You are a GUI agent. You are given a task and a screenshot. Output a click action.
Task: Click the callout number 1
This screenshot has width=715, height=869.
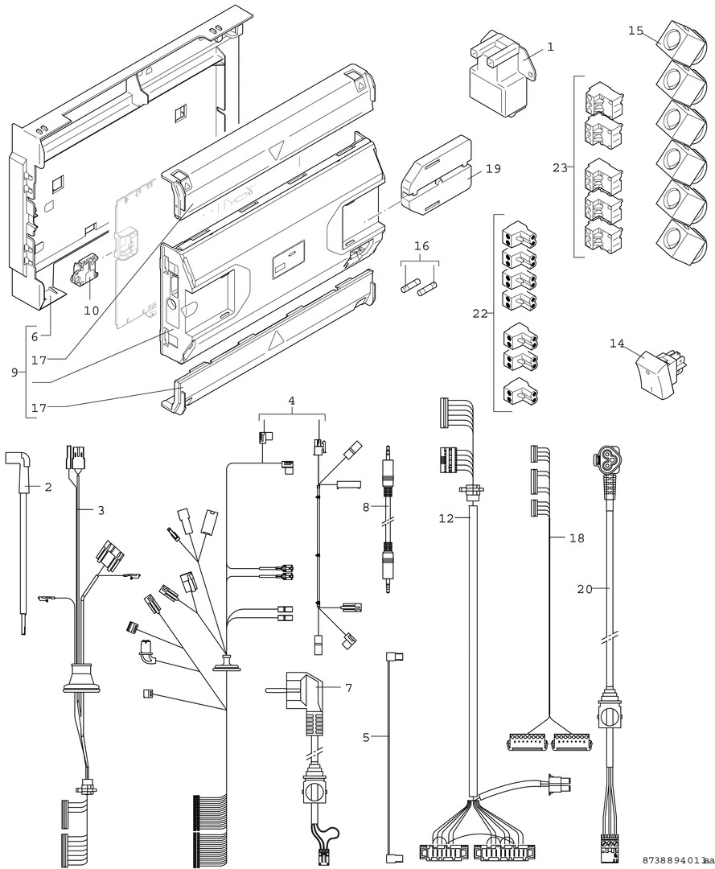[550, 47]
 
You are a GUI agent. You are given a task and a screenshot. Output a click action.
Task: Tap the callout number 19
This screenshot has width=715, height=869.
[492, 169]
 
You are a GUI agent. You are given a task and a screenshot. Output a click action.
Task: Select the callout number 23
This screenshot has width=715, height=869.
[560, 168]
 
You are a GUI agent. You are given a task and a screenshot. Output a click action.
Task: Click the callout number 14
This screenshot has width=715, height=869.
[617, 343]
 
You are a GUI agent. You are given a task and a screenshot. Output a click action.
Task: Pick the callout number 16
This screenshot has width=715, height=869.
[421, 245]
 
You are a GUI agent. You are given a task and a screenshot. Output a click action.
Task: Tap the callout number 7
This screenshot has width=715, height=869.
[348, 688]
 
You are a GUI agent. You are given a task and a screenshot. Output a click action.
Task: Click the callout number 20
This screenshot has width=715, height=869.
[585, 589]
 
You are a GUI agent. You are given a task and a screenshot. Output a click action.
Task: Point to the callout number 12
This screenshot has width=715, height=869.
[446, 519]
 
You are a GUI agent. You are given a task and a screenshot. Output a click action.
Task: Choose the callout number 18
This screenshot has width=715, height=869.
[577, 537]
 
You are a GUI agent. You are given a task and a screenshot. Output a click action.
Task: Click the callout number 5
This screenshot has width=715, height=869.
[366, 736]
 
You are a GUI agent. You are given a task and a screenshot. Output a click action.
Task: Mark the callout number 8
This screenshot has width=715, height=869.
[366, 507]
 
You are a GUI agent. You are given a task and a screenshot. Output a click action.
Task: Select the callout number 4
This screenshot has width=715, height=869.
[292, 399]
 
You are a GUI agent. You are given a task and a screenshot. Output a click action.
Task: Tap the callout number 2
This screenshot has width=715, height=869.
[47, 487]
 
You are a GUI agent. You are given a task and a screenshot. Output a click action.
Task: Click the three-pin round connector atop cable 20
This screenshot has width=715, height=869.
[608, 460]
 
